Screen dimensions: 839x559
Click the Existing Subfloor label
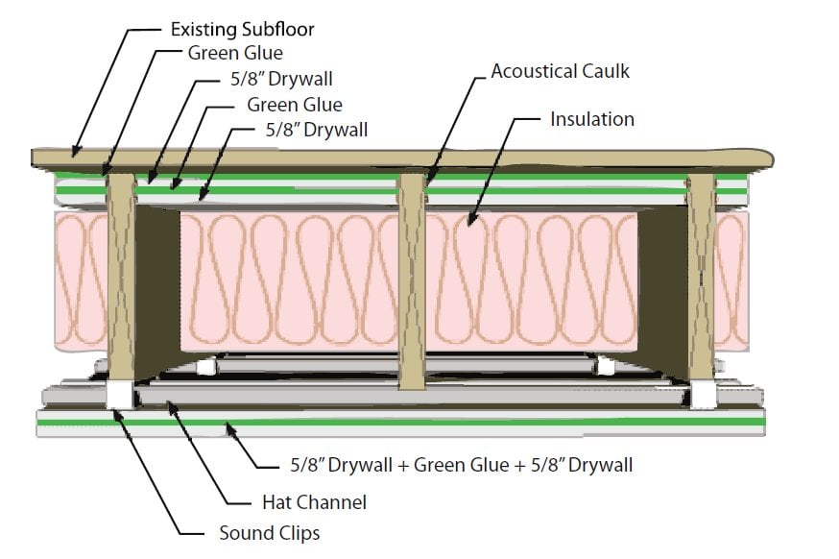[x=243, y=29]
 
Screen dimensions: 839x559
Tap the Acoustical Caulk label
[x=561, y=71]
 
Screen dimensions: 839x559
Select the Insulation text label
[x=592, y=119]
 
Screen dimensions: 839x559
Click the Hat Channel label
[x=315, y=502]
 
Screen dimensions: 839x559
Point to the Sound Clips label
[x=270, y=533]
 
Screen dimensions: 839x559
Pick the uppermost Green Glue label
[x=235, y=53]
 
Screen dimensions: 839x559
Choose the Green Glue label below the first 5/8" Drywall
[x=295, y=105]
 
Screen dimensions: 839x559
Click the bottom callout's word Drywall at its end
[x=600, y=465]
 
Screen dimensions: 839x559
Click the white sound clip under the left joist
[x=119, y=395]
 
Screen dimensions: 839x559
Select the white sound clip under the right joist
[x=703, y=395]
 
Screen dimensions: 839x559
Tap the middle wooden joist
[x=412, y=282]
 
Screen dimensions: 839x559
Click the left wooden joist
[x=122, y=277]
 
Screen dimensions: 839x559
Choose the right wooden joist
[x=702, y=277]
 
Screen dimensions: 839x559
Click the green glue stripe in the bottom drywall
[x=401, y=423]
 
